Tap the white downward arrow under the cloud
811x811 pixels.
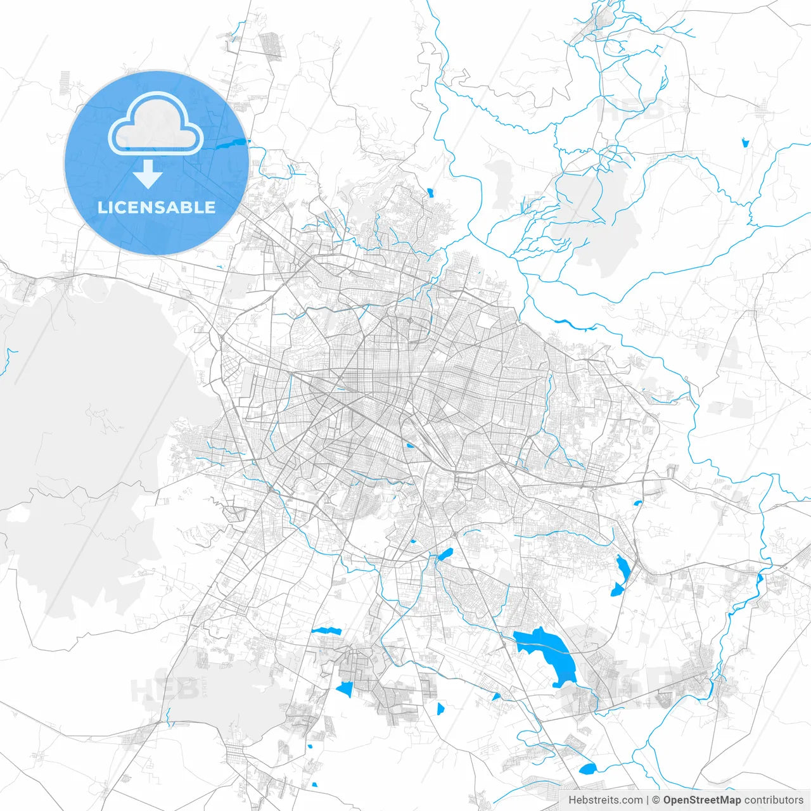[148, 174]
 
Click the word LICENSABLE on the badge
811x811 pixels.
[156, 207]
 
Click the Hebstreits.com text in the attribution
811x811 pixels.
[605, 800]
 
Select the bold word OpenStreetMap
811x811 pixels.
[701, 800]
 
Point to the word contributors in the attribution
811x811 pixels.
[773, 800]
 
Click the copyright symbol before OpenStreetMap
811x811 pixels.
[656, 800]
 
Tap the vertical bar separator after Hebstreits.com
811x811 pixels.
[648, 800]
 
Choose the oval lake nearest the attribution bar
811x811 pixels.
[588, 769]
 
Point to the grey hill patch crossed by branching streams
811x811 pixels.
[602, 215]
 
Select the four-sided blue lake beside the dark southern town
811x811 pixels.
[345, 689]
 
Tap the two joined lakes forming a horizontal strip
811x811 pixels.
[326, 631]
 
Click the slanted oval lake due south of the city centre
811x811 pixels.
[445, 555]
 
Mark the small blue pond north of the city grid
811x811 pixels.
[430, 192]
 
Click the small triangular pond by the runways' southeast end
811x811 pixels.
[496, 696]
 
